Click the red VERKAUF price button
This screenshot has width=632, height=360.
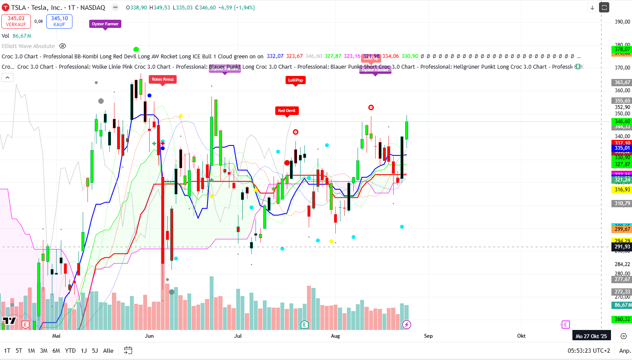[16, 21]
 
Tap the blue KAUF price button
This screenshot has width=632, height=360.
[59, 21]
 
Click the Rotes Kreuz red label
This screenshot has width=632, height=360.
[163, 79]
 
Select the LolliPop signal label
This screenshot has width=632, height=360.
[295, 80]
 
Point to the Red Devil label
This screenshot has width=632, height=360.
[286, 111]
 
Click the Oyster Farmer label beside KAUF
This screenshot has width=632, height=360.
[105, 24]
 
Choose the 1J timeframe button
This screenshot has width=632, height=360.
[84, 351]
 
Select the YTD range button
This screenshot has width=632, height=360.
[70, 351]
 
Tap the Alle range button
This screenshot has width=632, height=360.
[108, 351]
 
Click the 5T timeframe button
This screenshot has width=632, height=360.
[19, 351]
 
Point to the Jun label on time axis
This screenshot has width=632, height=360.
[149, 336]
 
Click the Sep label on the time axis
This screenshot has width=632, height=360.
[428, 336]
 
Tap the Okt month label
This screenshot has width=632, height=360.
[521, 336]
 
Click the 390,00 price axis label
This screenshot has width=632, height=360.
[622, 22]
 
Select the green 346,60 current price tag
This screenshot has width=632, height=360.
[622, 121]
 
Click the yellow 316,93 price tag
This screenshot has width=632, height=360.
[622, 190]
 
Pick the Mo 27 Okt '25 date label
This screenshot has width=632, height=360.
[591, 336]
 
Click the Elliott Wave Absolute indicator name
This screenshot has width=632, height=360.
[28, 46]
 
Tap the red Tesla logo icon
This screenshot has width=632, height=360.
[6, 8]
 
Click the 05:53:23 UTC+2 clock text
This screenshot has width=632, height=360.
[589, 351]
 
